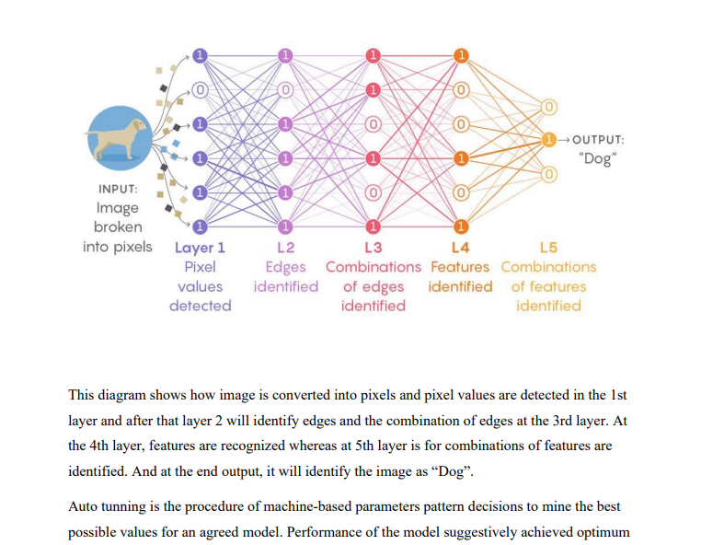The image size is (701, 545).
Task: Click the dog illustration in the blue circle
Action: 117,136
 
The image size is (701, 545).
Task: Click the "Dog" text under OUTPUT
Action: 598,158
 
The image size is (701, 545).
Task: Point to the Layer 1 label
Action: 200,248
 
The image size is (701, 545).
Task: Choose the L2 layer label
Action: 285,248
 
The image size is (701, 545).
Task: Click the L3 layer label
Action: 373,248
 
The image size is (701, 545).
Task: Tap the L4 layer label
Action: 460,248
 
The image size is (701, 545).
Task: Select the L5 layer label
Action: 548,248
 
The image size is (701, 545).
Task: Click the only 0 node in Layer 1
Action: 200,90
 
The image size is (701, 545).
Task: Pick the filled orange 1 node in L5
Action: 549,140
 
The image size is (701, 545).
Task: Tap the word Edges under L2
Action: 285,267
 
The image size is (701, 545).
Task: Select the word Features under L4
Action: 460,267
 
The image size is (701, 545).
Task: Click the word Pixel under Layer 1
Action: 200,267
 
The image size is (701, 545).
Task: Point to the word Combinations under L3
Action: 373,267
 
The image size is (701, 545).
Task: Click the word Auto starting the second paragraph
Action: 83,506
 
